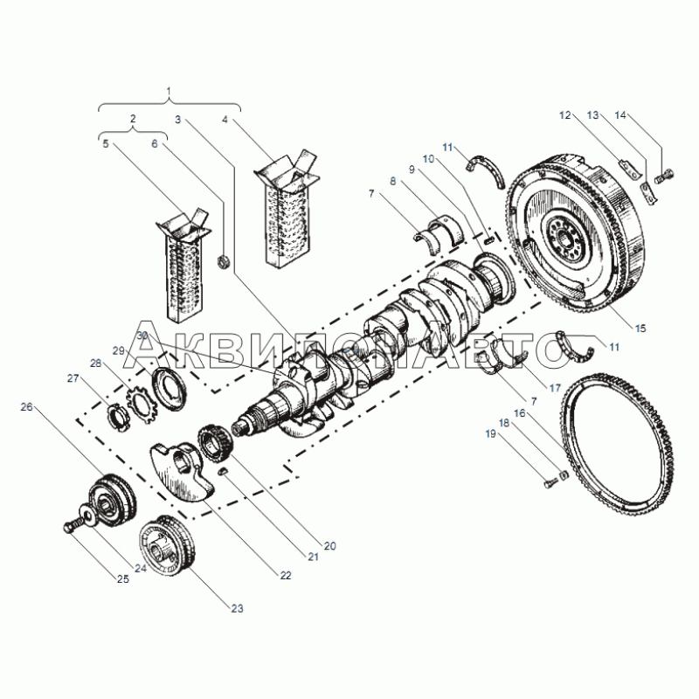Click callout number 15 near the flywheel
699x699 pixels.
coord(640,329)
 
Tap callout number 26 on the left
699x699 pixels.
coord(26,406)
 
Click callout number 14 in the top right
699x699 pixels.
coord(620,114)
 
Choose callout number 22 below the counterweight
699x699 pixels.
coord(285,576)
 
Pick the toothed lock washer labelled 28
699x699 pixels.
coord(139,401)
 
